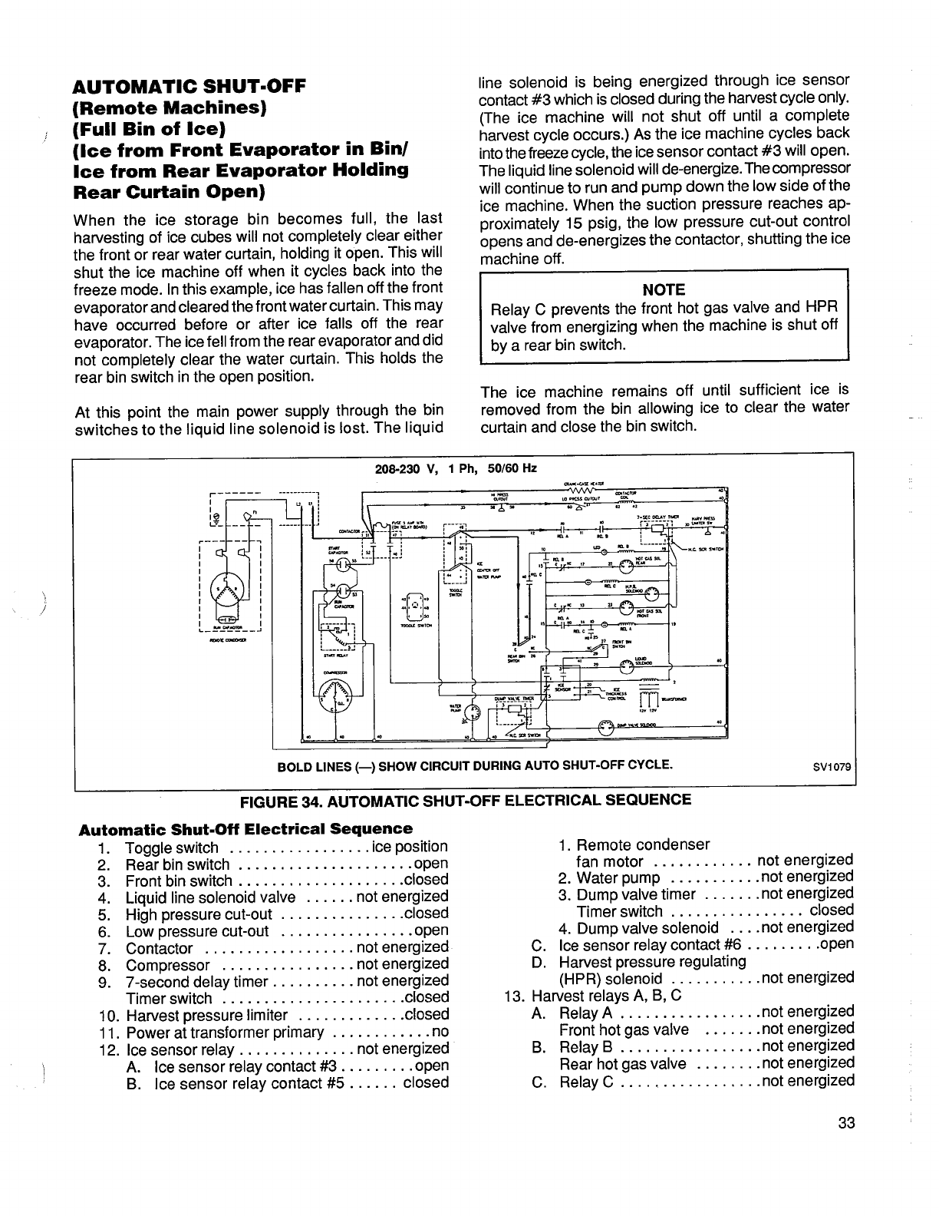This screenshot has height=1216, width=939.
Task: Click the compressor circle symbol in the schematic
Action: click(337, 695)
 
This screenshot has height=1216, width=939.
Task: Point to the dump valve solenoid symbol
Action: click(607, 725)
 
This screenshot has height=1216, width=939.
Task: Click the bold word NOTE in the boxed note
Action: click(664, 289)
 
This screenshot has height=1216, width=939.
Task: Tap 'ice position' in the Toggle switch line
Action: click(409, 847)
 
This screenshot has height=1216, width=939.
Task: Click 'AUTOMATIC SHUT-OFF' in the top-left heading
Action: click(189, 85)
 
